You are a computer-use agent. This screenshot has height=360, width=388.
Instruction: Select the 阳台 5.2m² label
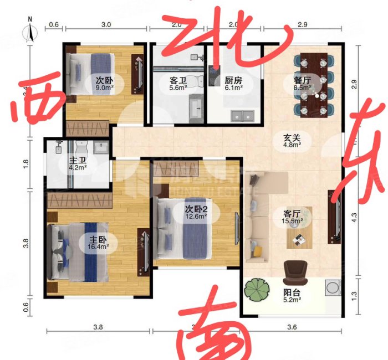(292, 296)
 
